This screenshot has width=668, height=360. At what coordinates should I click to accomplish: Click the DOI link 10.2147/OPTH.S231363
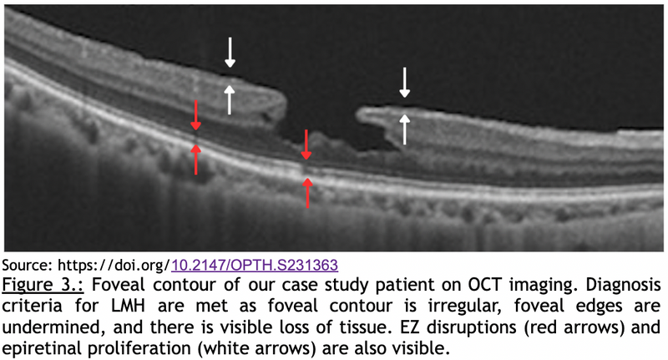[255, 265]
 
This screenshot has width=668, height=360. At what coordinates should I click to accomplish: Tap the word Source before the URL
[27, 265]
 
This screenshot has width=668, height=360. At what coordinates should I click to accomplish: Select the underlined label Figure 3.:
[43, 285]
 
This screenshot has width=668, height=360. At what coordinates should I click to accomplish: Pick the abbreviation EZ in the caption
[409, 327]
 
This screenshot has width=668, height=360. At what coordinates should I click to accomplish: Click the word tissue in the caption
[367, 327]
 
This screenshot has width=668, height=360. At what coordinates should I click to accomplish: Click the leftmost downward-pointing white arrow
[230, 53]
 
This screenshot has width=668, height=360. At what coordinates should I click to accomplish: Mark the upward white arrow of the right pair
[404, 129]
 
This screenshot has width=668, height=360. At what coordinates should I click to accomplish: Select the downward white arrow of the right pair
[405, 82]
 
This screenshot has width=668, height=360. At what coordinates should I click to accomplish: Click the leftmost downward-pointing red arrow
[195, 115]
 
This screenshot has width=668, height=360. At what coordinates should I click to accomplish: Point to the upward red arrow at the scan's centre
[307, 193]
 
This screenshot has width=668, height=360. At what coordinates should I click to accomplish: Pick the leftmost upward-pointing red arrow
[195, 160]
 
